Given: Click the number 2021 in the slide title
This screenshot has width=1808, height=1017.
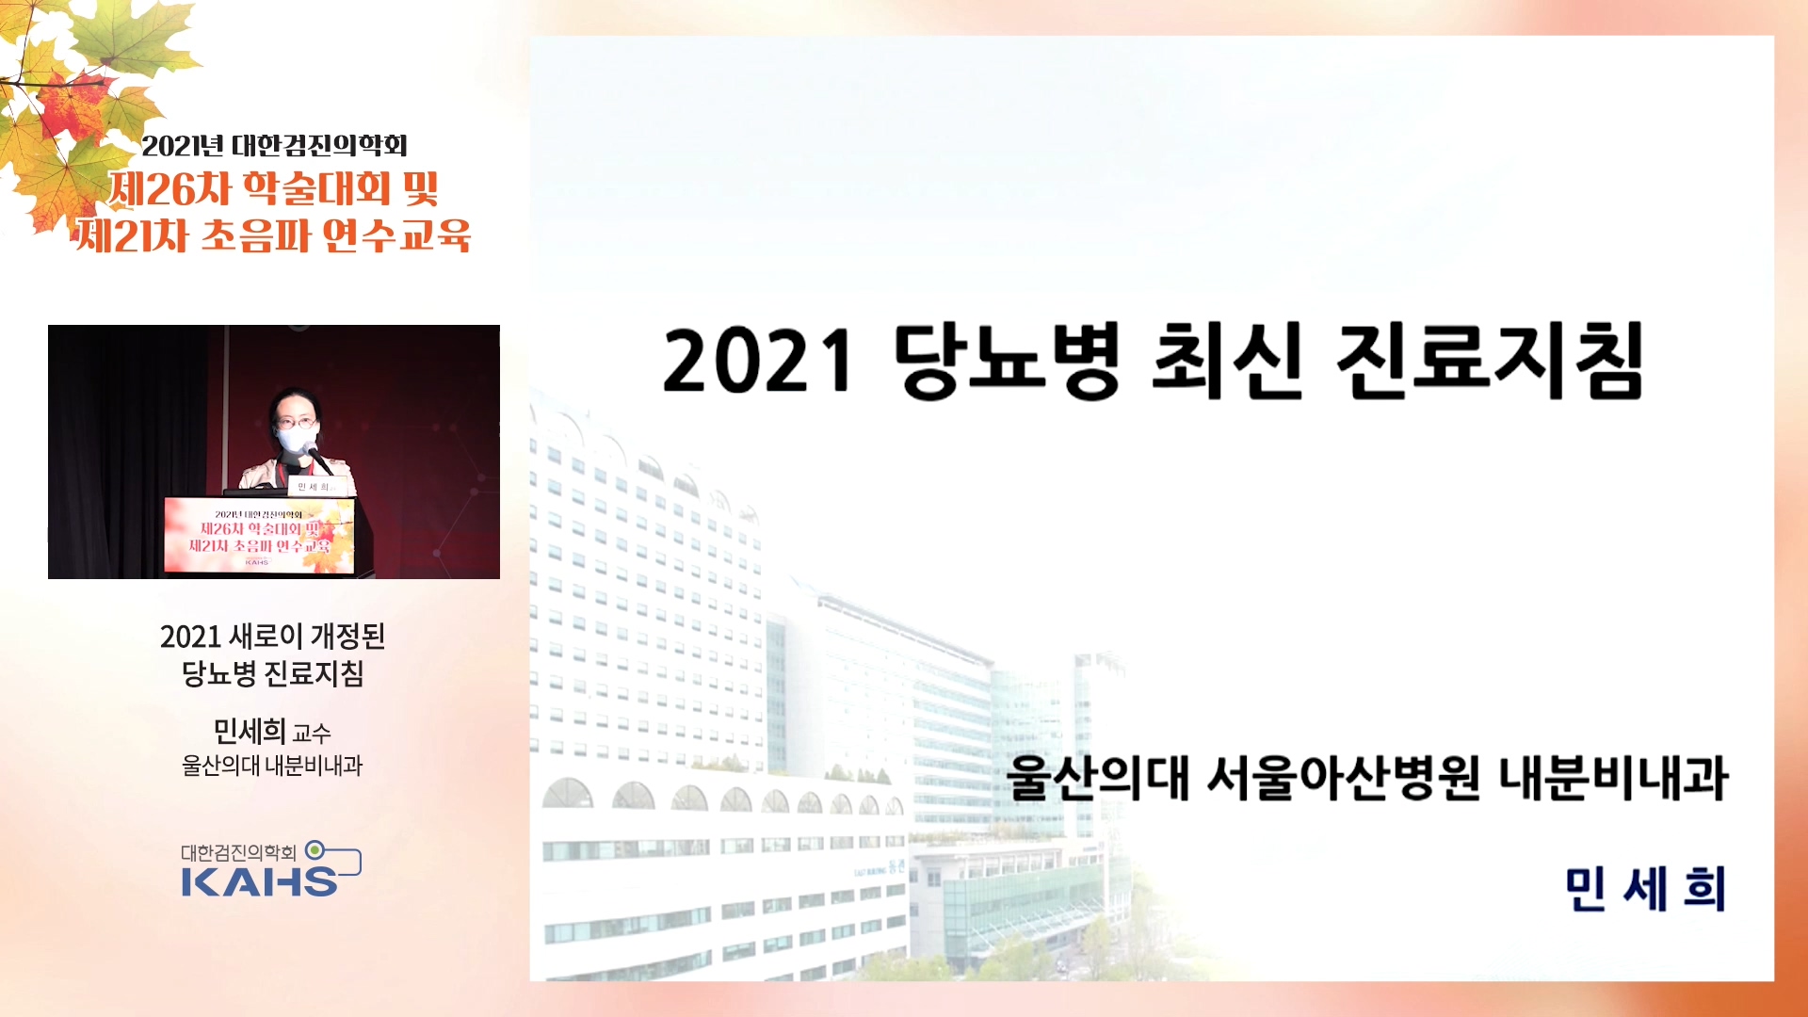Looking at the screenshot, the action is [x=758, y=362].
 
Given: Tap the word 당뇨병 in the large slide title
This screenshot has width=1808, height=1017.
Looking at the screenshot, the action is [x=1006, y=362].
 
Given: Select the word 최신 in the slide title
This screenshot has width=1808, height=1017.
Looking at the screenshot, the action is [x=1228, y=362].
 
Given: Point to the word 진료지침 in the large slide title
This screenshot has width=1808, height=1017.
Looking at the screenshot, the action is [x=1490, y=362].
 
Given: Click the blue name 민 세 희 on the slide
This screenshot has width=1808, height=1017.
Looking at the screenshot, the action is [x=1645, y=889].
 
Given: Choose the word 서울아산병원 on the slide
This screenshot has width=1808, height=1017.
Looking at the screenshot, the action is [x=1343, y=778].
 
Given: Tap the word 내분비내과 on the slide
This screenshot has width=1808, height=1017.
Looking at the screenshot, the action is [x=1613, y=778].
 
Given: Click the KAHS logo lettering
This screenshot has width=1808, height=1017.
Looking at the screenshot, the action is [x=260, y=881].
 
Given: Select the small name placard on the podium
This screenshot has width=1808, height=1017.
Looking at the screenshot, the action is [x=314, y=486].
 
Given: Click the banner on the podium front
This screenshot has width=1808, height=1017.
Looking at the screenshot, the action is [x=259, y=535].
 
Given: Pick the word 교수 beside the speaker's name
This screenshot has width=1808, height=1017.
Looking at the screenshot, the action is [x=312, y=734].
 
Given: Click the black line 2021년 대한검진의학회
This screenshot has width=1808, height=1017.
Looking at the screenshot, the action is [x=275, y=145].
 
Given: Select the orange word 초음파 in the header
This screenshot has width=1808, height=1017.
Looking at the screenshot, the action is [x=256, y=235].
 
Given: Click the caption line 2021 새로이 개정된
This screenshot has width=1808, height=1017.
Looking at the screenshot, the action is [x=273, y=637].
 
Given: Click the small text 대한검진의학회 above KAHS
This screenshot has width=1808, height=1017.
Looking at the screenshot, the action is [x=238, y=852].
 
